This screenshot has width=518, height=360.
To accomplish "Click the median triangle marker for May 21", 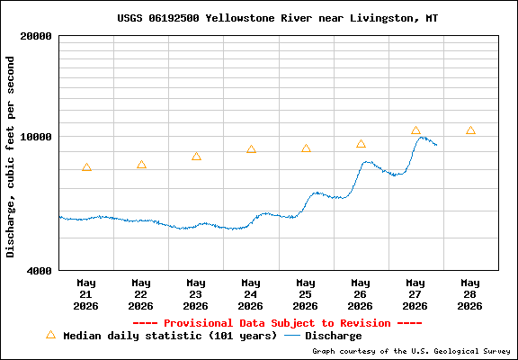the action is [x=86, y=167].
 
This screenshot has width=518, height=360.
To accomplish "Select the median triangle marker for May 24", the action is [x=251, y=149].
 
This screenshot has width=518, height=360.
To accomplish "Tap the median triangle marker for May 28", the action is [x=470, y=130].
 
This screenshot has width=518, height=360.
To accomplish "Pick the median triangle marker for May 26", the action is [x=361, y=144].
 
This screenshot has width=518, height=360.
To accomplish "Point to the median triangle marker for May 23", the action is [x=196, y=157].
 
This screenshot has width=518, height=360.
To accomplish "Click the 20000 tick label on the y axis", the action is [x=36, y=36].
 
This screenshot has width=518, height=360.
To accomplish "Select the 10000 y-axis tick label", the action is [x=36, y=137].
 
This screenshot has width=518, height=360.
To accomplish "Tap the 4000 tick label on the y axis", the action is [x=40, y=271].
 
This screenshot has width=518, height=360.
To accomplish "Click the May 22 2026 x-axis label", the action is [x=141, y=294].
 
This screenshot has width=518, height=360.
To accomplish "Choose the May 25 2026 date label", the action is [x=306, y=294].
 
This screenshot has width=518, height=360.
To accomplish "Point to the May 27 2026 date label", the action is [x=415, y=294].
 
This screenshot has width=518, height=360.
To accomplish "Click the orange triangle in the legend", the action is [x=50, y=335].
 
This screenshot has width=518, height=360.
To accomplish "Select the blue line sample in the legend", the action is [x=291, y=336].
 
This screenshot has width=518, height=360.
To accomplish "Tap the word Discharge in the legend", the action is [x=334, y=336].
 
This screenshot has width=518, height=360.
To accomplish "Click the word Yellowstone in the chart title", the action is [x=240, y=18].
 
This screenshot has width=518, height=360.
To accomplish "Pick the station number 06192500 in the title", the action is [x=174, y=18].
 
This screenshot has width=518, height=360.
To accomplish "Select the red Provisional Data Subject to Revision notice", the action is [x=277, y=323].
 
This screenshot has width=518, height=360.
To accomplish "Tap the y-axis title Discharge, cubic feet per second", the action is [x=11, y=157].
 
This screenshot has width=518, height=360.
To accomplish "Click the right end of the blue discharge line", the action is [x=437, y=145].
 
